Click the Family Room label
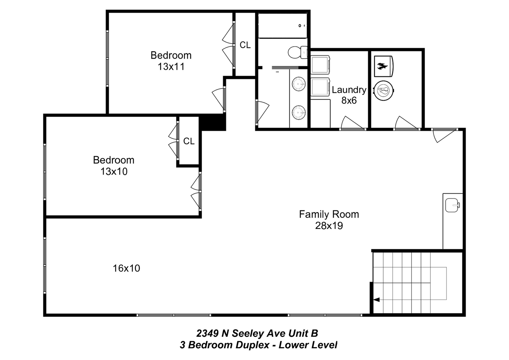(x=329, y=214)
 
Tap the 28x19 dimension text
(x=329, y=226)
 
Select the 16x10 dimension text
(x=126, y=268)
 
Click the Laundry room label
(x=349, y=90)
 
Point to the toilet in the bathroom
(x=298, y=52)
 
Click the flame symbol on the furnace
(x=382, y=66)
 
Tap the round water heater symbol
(x=384, y=90)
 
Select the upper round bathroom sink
(x=299, y=84)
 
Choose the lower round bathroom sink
(x=299, y=112)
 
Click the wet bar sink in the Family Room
(x=452, y=205)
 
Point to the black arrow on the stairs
(x=376, y=300)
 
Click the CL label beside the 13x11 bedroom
(x=245, y=45)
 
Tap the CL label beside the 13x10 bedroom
(x=189, y=141)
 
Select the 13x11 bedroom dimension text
(x=171, y=67)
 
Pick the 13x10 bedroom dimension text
(x=114, y=171)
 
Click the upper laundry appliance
(x=320, y=65)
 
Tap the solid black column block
(x=212, y=122)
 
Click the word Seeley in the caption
(x=248, y=333)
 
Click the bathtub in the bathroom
(x=283, y=25)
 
